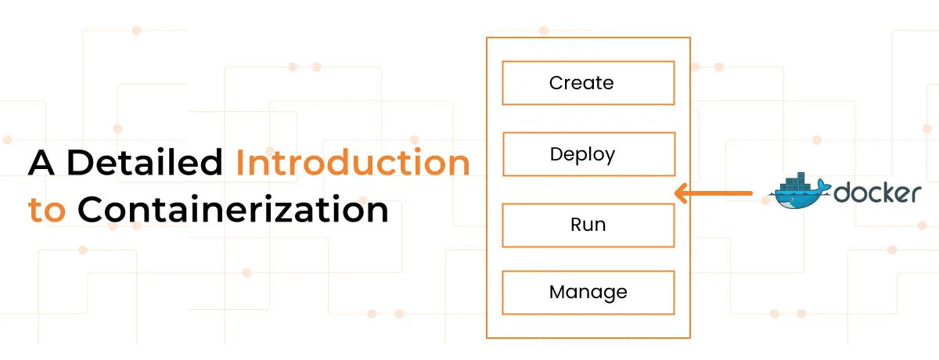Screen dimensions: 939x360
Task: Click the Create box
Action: pos(588,83)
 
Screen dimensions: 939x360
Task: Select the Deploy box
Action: pos(589,154)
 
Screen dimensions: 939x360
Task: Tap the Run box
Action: pos(588,225)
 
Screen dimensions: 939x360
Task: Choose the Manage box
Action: pos(588,293)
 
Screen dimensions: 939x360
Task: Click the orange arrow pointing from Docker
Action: pos(713,193)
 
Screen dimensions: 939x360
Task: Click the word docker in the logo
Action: pos(877,193)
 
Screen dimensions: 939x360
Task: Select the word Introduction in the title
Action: pos(353,162)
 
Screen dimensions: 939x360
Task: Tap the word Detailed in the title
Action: pos(145,162)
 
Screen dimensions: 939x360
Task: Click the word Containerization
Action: pos(233,209)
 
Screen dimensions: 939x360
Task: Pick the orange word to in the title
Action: pos(46,211)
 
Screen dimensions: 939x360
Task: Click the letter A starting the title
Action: pos(41,162)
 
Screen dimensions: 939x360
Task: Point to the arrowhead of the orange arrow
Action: pos(681,193)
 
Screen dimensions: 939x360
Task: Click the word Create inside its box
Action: pos(581,83)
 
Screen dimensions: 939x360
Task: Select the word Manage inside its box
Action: pos(588,292)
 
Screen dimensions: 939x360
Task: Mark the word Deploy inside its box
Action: pos(582,155)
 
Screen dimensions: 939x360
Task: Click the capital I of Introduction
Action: pos(239,162)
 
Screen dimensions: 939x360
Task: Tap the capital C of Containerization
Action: pos(90,209)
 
